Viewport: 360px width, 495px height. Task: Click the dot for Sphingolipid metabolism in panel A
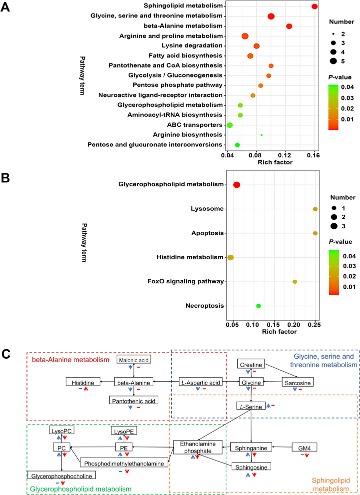click(315, 6)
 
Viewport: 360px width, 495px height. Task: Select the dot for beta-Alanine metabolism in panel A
click(289, 26)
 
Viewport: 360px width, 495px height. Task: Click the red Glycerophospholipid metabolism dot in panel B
click(237, 185)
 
